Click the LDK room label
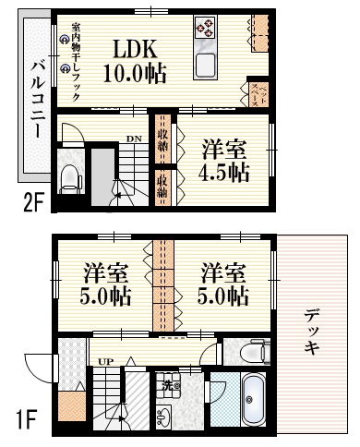[x=135, y=48]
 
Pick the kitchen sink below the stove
[x=204, y=65]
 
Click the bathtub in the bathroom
[x=252, y=400]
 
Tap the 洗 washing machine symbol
[x=169, y=386]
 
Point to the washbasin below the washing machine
[x=167, y=417]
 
